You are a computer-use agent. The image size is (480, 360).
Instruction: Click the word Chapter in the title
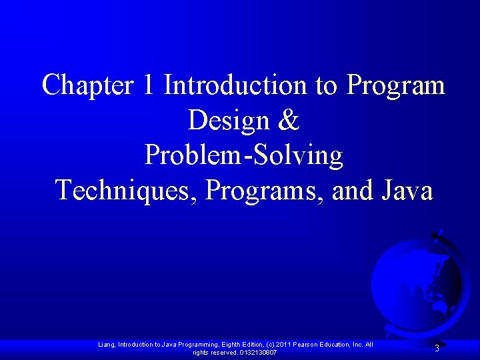point(87,86)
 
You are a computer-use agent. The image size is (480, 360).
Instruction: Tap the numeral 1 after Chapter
point(148,86)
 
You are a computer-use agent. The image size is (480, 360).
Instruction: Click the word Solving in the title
point(306,156)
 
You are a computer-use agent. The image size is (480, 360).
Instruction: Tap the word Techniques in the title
point(126,190)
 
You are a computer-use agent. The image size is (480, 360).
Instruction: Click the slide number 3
point(437,348)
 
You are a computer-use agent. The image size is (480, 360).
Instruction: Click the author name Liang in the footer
point(106,344)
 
